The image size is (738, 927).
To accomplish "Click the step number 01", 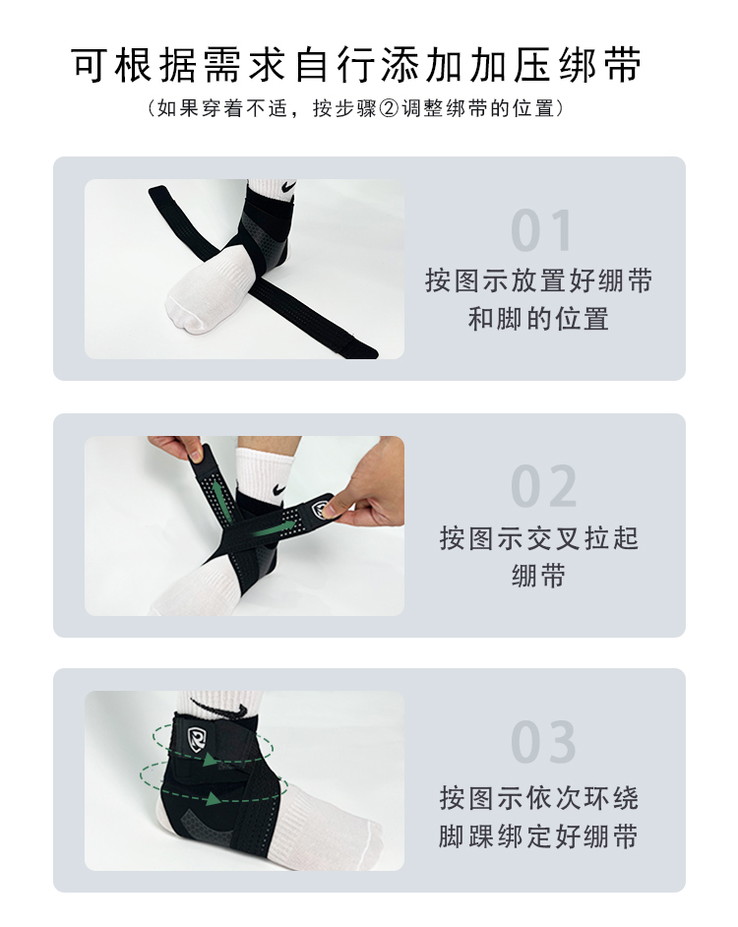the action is (541, 230).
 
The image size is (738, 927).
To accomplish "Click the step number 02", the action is (543, 486).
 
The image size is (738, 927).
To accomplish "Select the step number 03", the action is (543, 742).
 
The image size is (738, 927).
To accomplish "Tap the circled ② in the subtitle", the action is (389, 109).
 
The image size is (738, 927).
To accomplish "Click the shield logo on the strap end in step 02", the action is (321, 510).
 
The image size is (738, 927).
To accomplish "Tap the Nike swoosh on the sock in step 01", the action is (288, 186).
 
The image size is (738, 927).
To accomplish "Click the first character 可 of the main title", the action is (90, 65).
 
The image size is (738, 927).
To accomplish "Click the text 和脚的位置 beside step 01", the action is (538, 319).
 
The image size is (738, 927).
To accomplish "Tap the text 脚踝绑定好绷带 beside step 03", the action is (538, 835).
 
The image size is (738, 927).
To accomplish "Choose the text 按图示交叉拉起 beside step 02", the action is (538, 538).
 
